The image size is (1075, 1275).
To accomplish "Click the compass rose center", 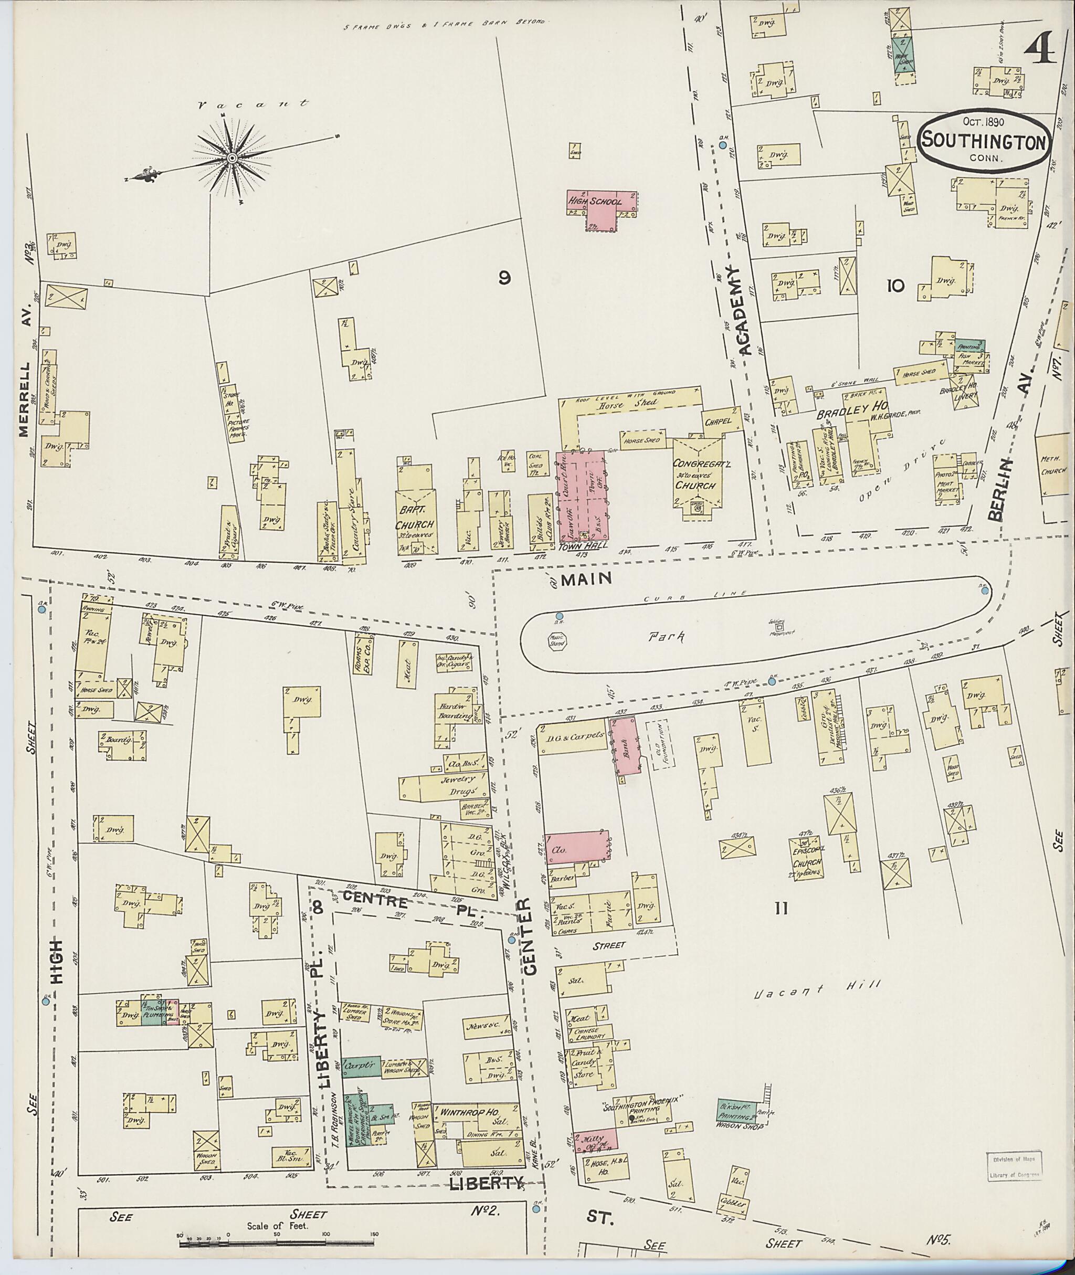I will click(231, 159).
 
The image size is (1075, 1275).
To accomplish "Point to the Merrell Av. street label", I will click(24, 400).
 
